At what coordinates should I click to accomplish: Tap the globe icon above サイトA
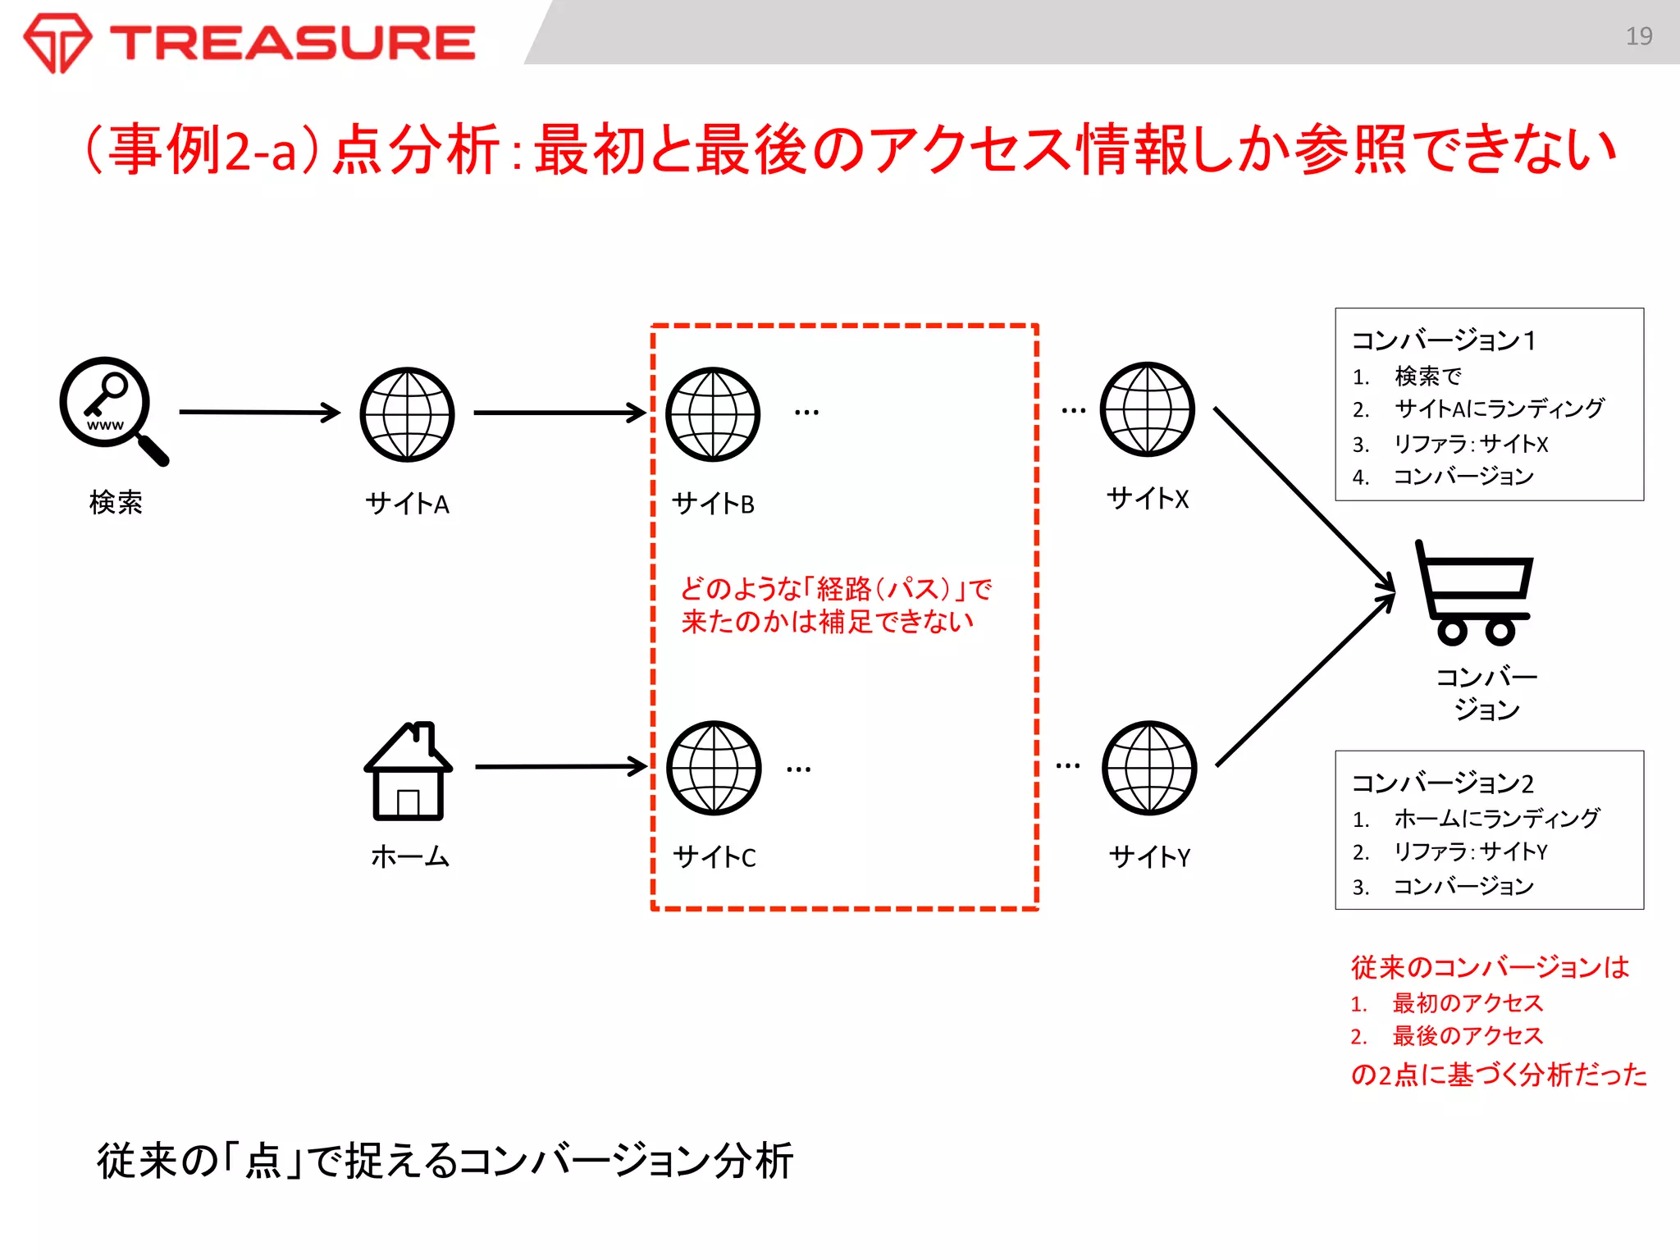(x=407, y=414)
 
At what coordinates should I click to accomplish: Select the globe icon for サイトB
(x=713, y=414)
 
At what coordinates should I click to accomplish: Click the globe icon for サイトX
(x=1147, y=409)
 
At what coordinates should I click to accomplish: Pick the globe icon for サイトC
(x=714, y=768)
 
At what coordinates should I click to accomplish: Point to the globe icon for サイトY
(x=1149, y=768)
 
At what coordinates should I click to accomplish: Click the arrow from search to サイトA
(x=258, y=412)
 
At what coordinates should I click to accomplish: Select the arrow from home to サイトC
(x=560, y=766)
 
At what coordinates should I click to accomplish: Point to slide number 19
(x=1638, y=36)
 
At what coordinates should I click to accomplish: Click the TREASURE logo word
(x=293, y=43)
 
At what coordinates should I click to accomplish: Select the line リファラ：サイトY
(x=1469, y=851)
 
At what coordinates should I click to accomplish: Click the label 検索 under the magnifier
(x=116, y=502)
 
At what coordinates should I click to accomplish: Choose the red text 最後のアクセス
(x=1467, y=1036)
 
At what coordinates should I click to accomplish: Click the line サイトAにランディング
(x=1498, y=408)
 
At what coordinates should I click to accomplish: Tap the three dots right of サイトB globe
(x=806, y=413)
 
